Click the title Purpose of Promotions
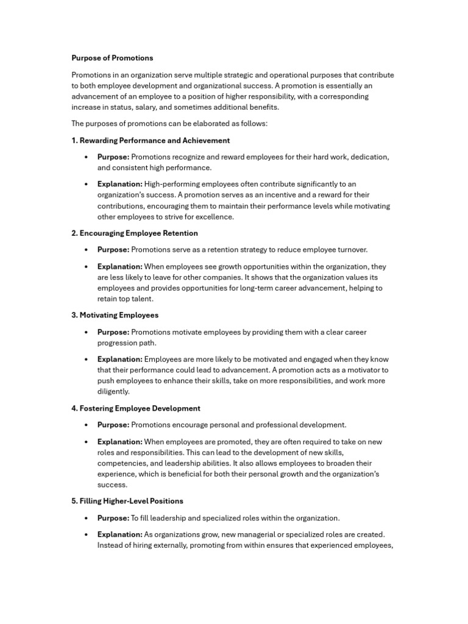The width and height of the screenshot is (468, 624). pyautogui.click(x=112, y=58)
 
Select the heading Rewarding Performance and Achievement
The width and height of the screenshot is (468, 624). pyautogui.click(x=151, y=140)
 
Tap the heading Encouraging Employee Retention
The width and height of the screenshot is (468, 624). pyautogui.click(x=135, y=233)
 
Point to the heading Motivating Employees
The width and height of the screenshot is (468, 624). pyautogui.click(x=115, y=315)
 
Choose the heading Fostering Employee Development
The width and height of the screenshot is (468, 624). pyautogui.click(x=136, y=408)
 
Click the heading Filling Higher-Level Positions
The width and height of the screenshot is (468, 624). pyautogui.click(x=127, y=501)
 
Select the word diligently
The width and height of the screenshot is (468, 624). pyautogui.click(x=113, y=392)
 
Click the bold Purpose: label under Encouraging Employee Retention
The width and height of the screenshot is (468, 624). pyautogui.click(x=113, y=250)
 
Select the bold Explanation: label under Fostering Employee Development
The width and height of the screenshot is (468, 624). pyautogui.click(x=120, y=442)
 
